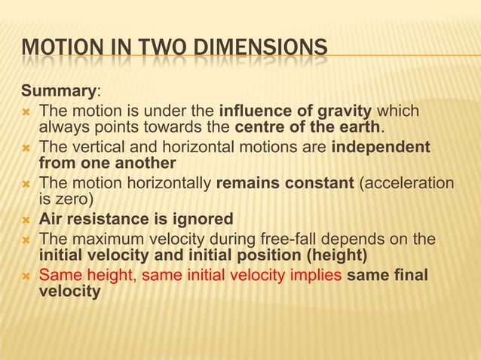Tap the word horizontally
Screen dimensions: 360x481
coord(170,183)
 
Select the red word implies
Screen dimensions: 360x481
coord(318,276)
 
